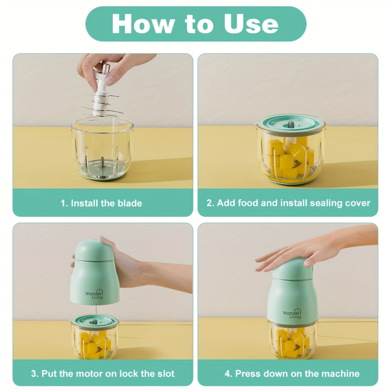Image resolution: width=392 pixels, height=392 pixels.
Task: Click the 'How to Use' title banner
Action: click(196, 24)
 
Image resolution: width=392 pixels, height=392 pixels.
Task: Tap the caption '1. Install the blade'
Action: click(101, 203)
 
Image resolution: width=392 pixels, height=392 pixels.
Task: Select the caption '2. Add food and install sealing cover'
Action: click(288, 203)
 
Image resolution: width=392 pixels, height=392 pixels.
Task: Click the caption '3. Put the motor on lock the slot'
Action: click(103, 374)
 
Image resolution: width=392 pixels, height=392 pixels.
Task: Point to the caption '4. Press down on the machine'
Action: click(292, 374)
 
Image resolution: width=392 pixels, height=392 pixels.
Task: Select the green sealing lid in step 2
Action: click(290, 125)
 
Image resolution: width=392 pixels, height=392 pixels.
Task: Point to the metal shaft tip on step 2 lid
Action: click(291, 123)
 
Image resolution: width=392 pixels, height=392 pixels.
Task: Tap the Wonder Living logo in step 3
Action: click(94, 294)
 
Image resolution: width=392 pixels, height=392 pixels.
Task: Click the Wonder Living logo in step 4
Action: click(292, 314)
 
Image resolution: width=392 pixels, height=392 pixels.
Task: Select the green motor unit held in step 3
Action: click(94, 272)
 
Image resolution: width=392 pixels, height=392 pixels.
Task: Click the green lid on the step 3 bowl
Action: click(94, 321)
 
